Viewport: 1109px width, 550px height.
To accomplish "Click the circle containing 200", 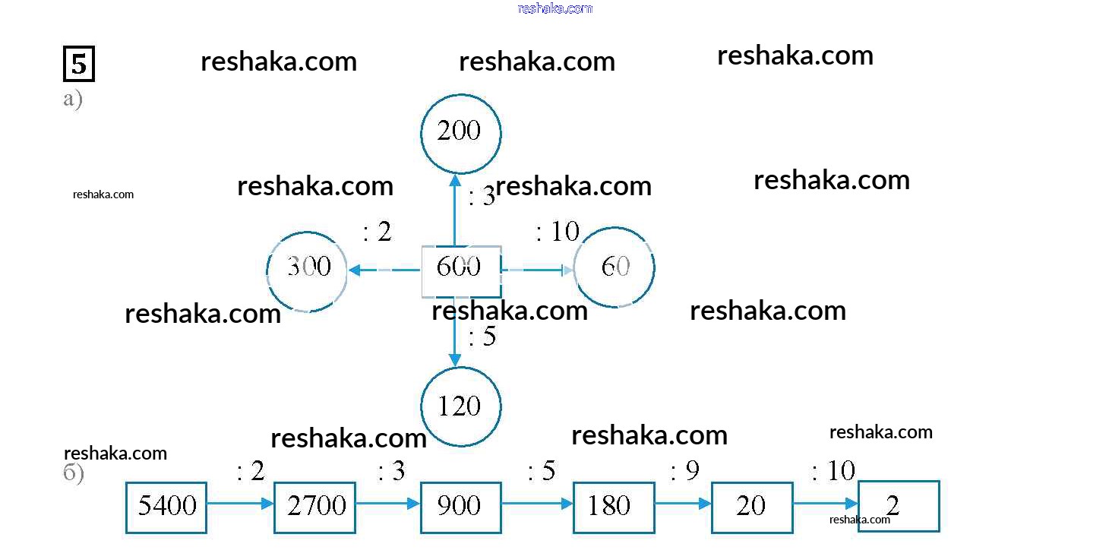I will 461,133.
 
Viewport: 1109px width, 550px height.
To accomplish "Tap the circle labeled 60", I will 615,267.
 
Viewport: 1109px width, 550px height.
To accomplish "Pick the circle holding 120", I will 461,406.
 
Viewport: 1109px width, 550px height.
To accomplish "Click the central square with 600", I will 461,270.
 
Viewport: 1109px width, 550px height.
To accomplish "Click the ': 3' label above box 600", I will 482,198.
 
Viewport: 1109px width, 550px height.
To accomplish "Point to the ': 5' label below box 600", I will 482,336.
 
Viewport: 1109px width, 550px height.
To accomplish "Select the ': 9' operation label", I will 684,472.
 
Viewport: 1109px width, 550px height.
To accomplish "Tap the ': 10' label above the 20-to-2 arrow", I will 833,472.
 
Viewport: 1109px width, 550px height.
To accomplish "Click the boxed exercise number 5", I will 78,64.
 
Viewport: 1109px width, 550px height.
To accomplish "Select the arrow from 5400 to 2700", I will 240,503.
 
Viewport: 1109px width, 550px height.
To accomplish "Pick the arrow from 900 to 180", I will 537,503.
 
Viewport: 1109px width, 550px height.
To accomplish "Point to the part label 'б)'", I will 73,473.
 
